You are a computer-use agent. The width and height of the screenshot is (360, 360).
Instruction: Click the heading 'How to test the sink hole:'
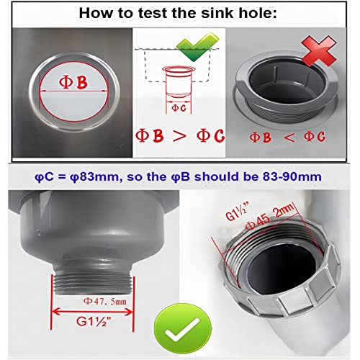[180, 13]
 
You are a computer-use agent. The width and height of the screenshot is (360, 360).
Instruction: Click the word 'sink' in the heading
[208, 13]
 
